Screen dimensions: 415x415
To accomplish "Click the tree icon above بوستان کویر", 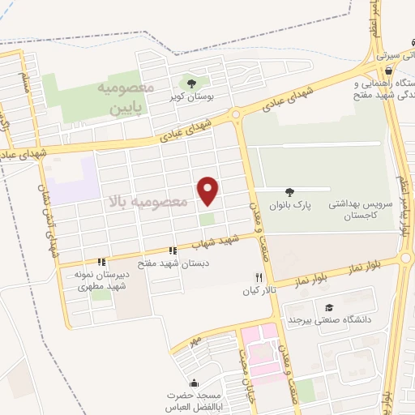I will click(191, 83).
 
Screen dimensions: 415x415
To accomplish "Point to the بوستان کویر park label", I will click(192, 97).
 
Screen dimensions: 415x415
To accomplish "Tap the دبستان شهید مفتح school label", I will click(173, 263).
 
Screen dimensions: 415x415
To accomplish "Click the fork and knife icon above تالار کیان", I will click(259, 277).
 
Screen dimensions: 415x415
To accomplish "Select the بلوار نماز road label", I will click(310, 279).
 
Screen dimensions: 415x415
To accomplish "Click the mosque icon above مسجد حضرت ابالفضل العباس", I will click(193, 383).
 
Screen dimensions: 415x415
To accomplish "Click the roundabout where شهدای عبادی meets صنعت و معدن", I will click(237, 115).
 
